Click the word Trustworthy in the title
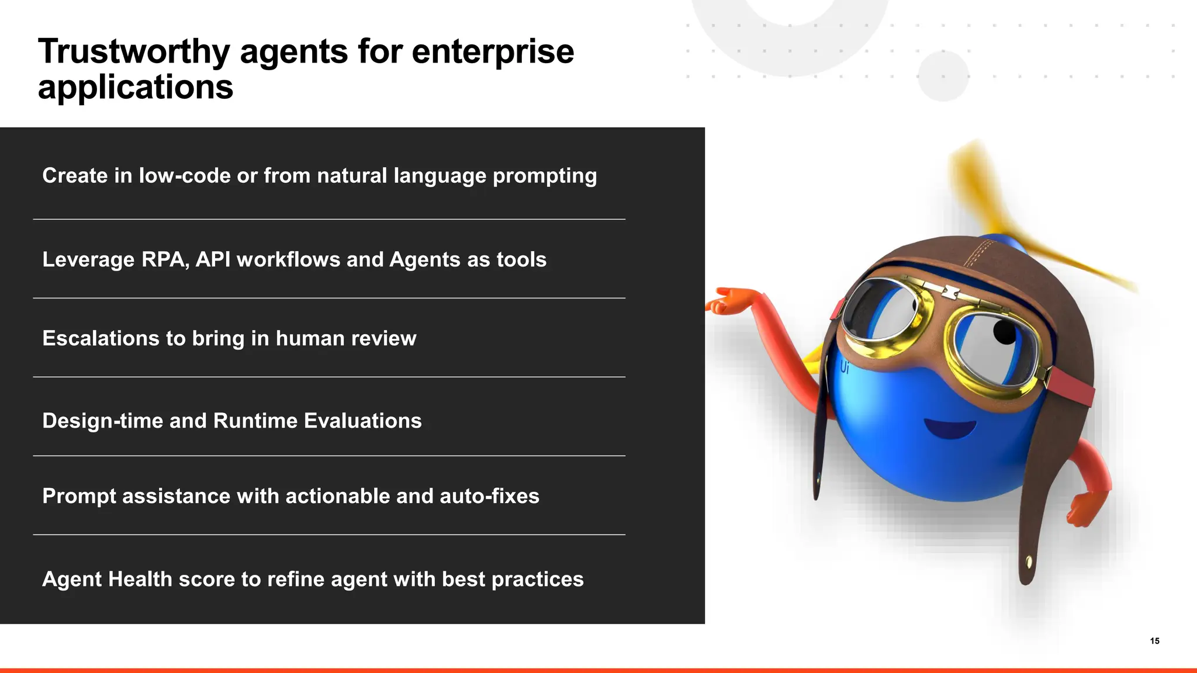(134, 52)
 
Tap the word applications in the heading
(135, 88)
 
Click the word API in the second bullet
(213, 259)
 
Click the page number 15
(1154, 641)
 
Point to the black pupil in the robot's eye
(1004, 332)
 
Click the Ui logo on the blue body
(844, 367)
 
